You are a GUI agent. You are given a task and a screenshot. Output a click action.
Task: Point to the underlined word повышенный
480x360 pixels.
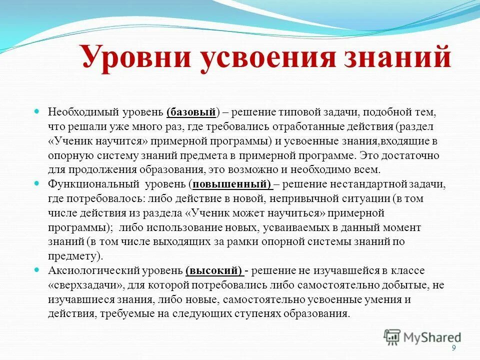point(231,183)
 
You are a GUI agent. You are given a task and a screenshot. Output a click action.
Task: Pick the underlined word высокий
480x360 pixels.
point(213,270)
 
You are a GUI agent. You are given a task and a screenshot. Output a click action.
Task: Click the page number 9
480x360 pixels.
point(453,348)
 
